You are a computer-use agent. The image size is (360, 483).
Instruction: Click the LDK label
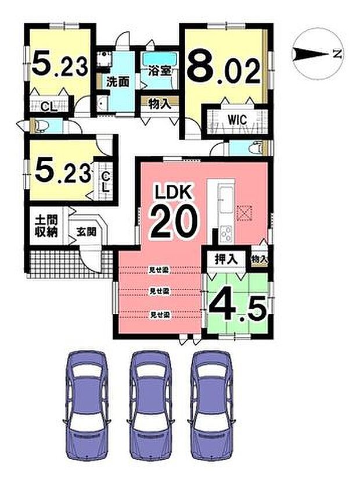pos(177,191)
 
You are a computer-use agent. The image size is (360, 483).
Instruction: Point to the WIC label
pos(237,120)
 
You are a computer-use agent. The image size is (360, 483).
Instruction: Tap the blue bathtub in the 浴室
pos(160,59)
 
